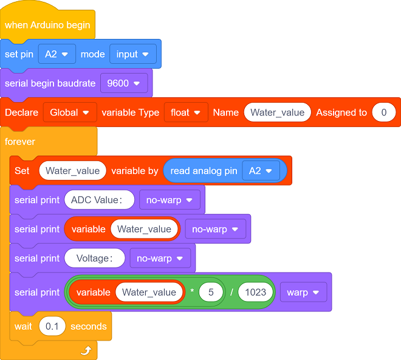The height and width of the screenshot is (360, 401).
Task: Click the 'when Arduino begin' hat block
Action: (47, 25)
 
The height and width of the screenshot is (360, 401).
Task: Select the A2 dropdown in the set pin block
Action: (57, 54)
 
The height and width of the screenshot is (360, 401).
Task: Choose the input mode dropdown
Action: (132, 54)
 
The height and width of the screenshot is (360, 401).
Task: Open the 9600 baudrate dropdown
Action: (124, 83)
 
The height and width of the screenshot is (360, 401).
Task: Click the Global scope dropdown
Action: (70, 112)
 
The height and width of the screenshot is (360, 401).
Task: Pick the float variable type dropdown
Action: (186, 112)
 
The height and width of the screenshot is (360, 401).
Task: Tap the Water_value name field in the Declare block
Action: (278, 112)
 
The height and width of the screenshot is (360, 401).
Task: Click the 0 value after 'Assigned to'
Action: (384, 112)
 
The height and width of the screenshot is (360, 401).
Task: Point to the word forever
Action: (20, 142)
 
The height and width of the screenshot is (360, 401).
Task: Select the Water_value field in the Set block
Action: (73, 170)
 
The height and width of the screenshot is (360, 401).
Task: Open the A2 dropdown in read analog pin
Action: (261, 170)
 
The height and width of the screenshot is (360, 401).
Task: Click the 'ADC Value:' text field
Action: (99, 199)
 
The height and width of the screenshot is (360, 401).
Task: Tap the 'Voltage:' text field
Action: (95, 258)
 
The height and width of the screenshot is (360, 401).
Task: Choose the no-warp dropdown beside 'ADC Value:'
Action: (170, 199)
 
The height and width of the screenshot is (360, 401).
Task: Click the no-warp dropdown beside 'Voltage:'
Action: (160, 258)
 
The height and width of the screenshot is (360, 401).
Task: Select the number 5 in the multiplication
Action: (211, 292)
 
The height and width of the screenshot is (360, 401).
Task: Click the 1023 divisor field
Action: (255, 292)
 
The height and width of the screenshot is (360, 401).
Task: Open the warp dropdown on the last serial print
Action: (303, 292)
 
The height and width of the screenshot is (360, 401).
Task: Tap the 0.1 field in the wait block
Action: (52, 326)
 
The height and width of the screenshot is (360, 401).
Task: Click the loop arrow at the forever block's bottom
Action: (86, 350)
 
